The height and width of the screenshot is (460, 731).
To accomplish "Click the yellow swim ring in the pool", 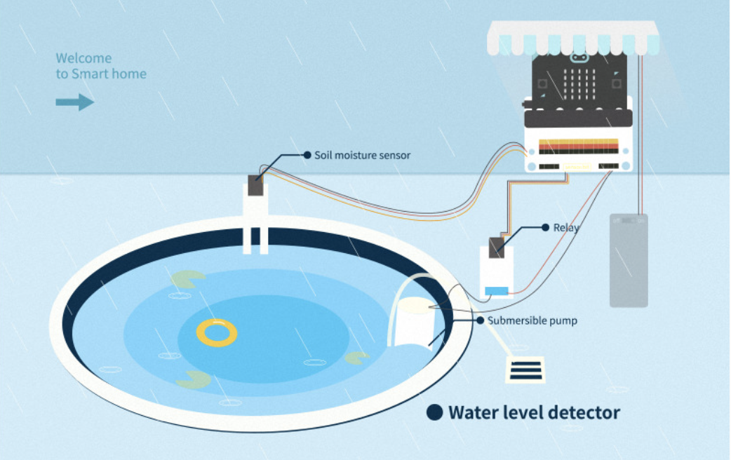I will (217, 332).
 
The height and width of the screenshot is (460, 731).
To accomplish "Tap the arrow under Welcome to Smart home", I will (74, 102).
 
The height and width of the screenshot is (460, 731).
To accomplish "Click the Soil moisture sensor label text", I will (362, 155).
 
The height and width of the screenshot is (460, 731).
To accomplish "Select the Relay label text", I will (566, 228).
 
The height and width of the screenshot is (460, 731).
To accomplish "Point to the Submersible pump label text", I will (532, 320).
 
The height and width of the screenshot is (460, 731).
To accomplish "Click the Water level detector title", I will (534, 412).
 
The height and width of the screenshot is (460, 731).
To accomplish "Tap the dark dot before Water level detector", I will (435, 412).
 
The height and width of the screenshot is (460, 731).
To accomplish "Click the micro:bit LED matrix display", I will (579, 83).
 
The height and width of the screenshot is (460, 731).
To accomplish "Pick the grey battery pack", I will (629, 260).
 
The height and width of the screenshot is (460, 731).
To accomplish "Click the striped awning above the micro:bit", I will (575, 38).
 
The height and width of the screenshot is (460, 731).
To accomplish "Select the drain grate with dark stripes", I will (525, 369).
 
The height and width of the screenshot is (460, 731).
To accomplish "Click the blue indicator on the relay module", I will (496, 290).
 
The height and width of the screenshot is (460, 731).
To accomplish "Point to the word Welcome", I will (83, 58).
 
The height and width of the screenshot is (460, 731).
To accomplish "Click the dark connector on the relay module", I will (497, 245).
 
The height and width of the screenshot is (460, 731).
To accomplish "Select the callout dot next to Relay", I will (545, 227).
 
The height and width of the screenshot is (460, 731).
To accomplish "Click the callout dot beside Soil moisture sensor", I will (307, 155).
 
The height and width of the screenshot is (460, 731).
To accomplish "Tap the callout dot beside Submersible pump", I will (480, 320).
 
